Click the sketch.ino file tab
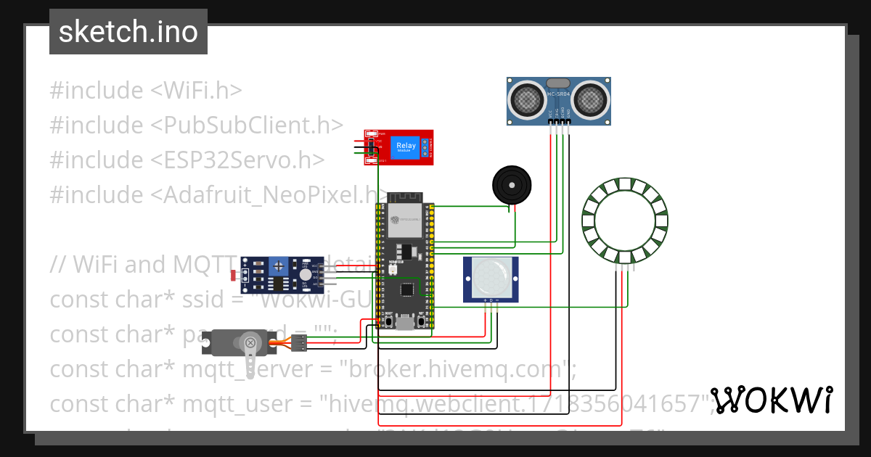(128, 32)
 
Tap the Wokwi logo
(771, 400)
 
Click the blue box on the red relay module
(405, 147)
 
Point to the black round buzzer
(512, 184)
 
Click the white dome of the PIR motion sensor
(491, 278)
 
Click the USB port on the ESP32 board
(404, 321)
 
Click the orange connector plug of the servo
(298, 342)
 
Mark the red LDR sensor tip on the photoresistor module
(232, 275)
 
